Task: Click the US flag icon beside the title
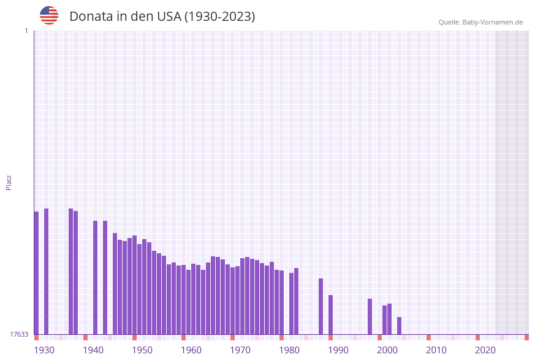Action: pos(49,15)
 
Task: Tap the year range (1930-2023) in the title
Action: pos(219,17)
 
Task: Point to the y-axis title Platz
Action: pos(9,182)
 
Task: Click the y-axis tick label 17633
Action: pos(19,334)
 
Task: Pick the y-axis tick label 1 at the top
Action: pos(26,31)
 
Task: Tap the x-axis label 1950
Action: pos(142,350)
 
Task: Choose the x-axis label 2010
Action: pos(436,350)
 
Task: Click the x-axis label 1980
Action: pos(289,350)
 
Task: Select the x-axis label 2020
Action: pos(485,350)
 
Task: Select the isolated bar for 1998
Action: pos(370,316)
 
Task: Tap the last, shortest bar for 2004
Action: pos(399,326)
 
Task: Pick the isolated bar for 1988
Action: pos(321,306)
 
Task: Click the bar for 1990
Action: pos(330,315)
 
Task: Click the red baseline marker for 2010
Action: pos(428,337)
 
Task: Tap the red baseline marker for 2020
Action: pos(477,337)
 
